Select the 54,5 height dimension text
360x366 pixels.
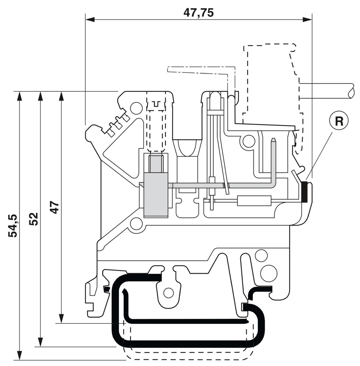click(13, 226)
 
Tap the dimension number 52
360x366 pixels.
click(33, 219)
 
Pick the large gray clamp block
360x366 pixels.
click(156, 195)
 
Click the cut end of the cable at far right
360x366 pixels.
click(351, 91)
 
